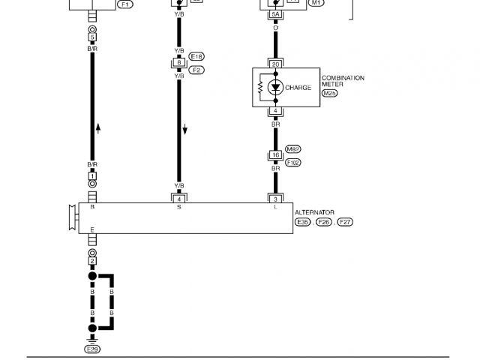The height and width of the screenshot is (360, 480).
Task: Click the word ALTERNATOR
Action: tap(314, 213)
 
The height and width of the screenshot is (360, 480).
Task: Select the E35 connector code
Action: tap(302, 223)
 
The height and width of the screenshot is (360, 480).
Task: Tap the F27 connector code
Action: tap(346, 223)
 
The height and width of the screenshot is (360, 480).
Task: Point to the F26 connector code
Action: tap(324, 223)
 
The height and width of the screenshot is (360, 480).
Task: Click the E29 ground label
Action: tap(92, 349)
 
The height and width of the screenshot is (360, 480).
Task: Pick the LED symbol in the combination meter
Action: tap(275, 88)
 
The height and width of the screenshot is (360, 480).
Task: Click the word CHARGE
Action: tap(298, 88)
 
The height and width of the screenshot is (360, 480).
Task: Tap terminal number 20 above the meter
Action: tap(275, 64)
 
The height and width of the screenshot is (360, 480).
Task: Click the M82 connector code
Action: tap(292, 149)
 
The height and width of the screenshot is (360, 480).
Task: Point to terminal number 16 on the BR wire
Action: tap(275, 155)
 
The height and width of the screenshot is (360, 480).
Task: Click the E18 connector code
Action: tap(197, 56)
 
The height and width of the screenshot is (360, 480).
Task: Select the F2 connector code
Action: tap(197, 70)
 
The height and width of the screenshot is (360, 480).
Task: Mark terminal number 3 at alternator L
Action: tap(275, 198)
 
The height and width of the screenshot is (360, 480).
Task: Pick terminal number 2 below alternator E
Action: tap(92, 261)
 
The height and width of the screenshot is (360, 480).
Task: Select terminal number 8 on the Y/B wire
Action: tap(178, 63)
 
